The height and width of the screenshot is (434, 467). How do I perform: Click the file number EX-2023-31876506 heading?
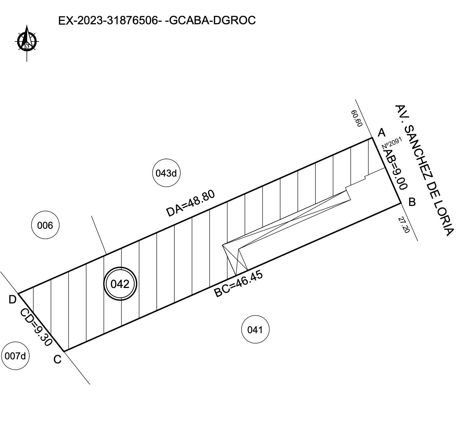coord(110,21)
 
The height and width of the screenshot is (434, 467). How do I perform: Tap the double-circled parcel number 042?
coord(120,284)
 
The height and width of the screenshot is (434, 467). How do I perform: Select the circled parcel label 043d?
coord(166,173)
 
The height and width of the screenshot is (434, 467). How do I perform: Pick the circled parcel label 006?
coord(45,225)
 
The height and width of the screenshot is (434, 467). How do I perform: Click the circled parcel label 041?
coord(255,330)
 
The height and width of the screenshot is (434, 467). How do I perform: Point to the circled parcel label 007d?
coord(15,356)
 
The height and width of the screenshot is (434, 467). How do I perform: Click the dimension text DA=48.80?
coord(190,203)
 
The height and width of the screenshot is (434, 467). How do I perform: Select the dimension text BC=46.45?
coord(238,284)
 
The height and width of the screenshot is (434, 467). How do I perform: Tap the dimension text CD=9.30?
coord(36,327)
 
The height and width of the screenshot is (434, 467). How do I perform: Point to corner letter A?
coord(382,133)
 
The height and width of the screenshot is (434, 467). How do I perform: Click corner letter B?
coord(412,202)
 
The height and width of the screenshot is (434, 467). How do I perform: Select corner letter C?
coord(57,359)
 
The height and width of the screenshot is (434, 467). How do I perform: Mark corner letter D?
coord(13,300)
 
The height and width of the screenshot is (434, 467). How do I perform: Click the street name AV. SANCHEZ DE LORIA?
coord(424,170)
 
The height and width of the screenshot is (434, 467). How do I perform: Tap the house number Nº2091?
coord(392,143)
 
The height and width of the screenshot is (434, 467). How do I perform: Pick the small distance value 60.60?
coord(357,118)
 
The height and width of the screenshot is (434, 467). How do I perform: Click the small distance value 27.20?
coord(404,225)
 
